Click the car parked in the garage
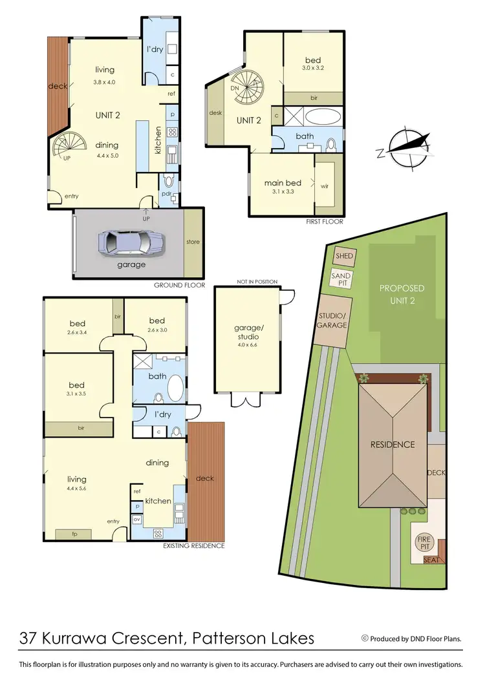[x=131, y=244]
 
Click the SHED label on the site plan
[x=344, y=256]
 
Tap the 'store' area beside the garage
[x=193, y=242]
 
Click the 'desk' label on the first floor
[x=215, y=113]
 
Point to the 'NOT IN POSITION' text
[x=257, y=282]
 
